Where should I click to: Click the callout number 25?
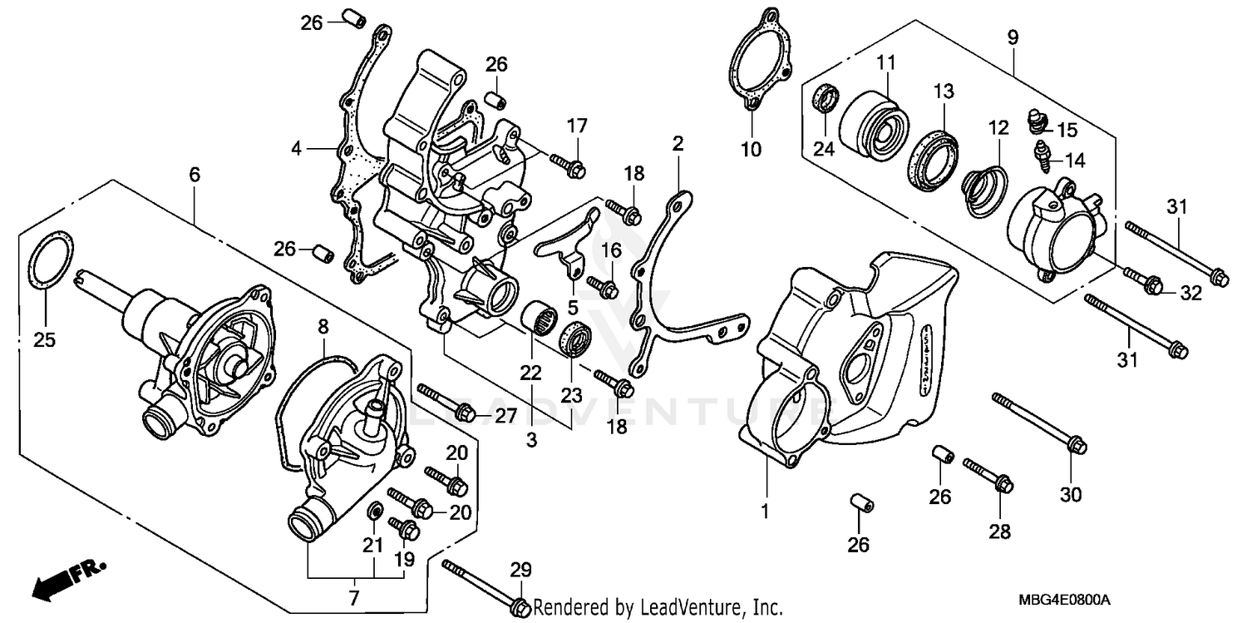(45, 339)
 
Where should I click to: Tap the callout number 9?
(1012, 37)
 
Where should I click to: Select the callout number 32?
(1191, 292)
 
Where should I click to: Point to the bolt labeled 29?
(482, 587)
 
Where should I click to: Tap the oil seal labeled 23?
(574, 338)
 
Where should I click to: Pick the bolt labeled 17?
(565, 164)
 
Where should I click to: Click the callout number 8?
(324, 326)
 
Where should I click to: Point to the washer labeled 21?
(375, 510)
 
